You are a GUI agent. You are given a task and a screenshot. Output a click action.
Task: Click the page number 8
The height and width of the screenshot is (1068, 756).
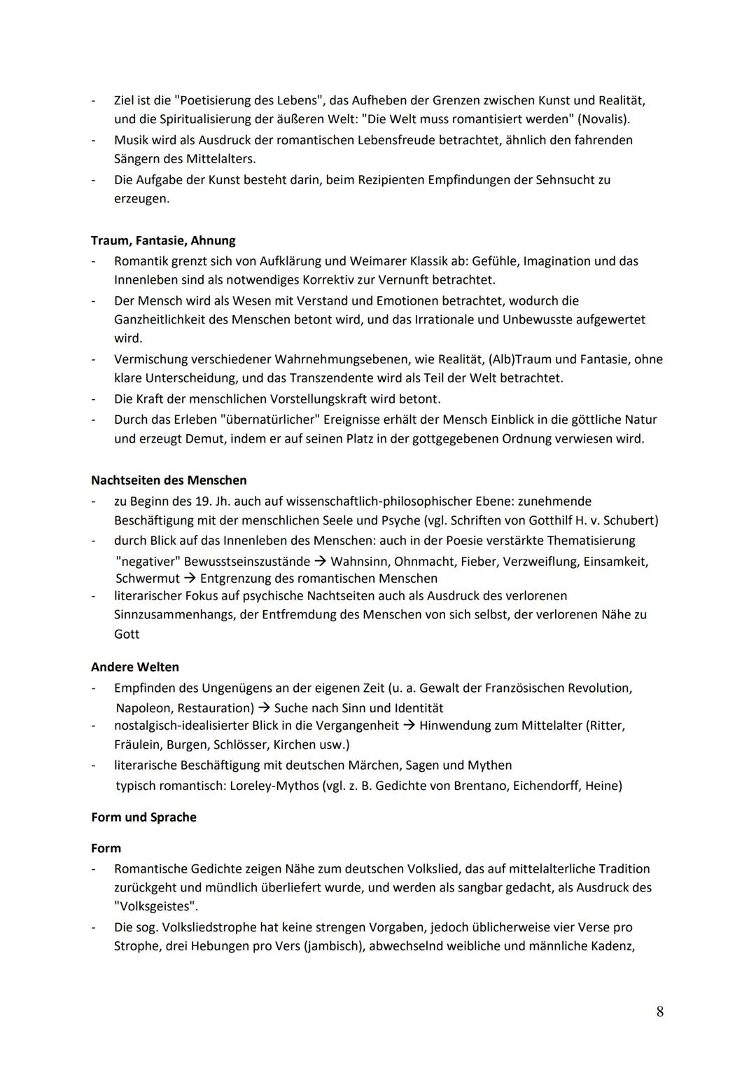[x=660, y=1011]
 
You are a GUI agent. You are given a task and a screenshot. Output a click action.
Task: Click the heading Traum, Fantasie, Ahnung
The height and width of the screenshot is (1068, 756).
[x=163, y=240]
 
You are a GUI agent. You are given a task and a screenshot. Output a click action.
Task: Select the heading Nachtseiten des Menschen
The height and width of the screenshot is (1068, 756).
[x=169, y=480]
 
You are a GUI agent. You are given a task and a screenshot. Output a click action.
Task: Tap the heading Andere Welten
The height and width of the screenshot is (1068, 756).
[x=135, y=667]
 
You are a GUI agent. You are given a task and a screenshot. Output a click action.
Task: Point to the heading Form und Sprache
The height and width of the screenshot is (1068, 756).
[x=143, y=817]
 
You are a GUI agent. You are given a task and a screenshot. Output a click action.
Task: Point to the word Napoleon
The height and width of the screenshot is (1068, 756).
[x=143, y=708]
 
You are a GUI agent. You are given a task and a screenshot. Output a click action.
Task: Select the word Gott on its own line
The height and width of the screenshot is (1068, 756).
[x=127, y=634]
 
